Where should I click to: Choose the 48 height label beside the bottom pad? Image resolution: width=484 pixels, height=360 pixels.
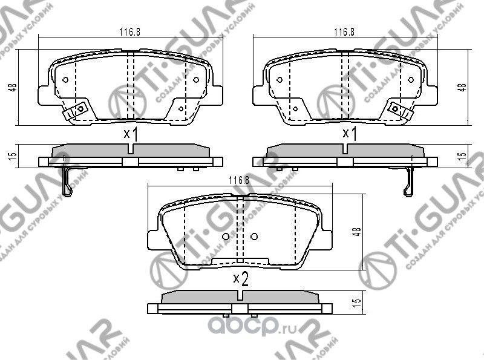358,232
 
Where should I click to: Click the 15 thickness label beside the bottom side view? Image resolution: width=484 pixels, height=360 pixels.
358,301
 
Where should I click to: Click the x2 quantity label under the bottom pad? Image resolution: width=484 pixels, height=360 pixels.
241,278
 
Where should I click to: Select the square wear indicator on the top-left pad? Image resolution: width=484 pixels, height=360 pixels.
77,110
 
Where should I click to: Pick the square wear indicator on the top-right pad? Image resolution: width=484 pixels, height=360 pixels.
397,109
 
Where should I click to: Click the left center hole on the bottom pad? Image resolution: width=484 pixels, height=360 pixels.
225,236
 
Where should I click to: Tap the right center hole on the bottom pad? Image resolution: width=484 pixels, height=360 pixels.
253,236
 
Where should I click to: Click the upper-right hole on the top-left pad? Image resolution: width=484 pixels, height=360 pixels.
196,80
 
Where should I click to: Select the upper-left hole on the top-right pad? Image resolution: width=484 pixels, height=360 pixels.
279,80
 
